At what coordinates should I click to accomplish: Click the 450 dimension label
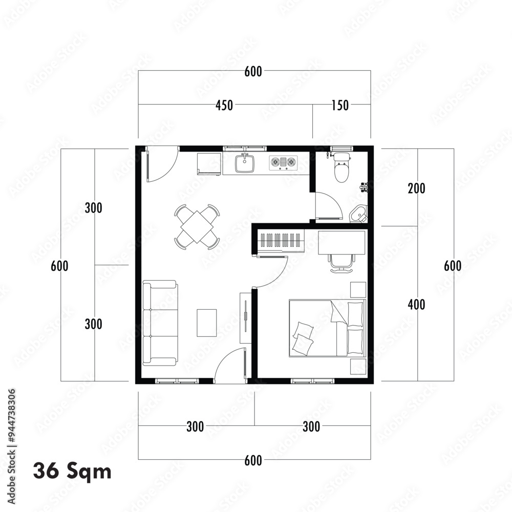pos(224,105)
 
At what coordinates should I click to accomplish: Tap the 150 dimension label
pos(340,105)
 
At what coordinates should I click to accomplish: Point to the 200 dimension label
pos(416,188)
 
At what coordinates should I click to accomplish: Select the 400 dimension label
pos(416,305)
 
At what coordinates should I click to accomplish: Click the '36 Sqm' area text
pos(72,471)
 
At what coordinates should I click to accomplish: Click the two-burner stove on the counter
pos(283,163)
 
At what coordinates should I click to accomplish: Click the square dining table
pos(197,226)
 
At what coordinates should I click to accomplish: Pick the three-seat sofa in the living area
pos(160,323)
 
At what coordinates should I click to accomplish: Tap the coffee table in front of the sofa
pos(207,323)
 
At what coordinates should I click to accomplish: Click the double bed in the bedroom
pos(327,328)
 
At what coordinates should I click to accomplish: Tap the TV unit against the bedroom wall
pos(245,317)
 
